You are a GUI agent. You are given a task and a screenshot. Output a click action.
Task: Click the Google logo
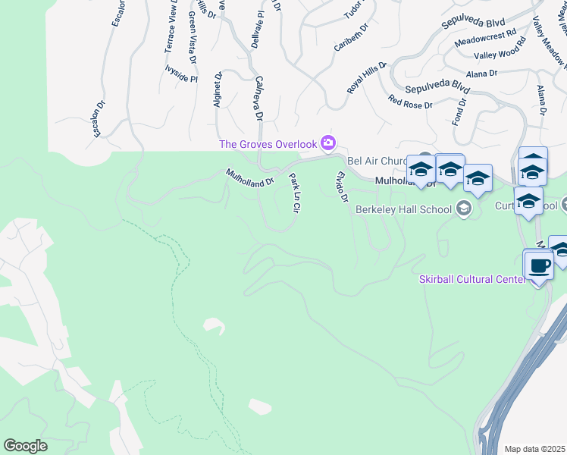[x=25, y=446]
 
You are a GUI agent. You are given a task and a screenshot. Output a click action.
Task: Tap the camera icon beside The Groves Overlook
[x=328, y=142]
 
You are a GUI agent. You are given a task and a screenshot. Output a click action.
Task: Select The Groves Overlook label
[x=268, y=144]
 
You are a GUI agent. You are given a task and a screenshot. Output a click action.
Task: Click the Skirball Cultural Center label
[x=471, y=280]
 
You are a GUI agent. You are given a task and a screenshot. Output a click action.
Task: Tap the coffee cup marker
[x=539, y=267]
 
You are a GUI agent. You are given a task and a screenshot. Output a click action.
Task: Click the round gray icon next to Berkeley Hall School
[x=464, y=209]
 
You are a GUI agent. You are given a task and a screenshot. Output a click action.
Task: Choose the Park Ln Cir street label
[x=295, y=193]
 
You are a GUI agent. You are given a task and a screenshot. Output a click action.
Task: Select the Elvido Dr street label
[x=342, y=187]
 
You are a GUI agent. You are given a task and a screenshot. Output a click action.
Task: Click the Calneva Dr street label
[x=257, y=98]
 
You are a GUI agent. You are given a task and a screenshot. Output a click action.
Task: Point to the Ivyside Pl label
[x=180, y=78]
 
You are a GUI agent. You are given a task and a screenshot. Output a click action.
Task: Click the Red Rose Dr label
[x=410, y=102]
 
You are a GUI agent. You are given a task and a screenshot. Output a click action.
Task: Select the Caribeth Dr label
[x=351, y=37]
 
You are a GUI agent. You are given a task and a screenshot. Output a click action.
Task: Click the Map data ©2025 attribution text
[x=535, y=449]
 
